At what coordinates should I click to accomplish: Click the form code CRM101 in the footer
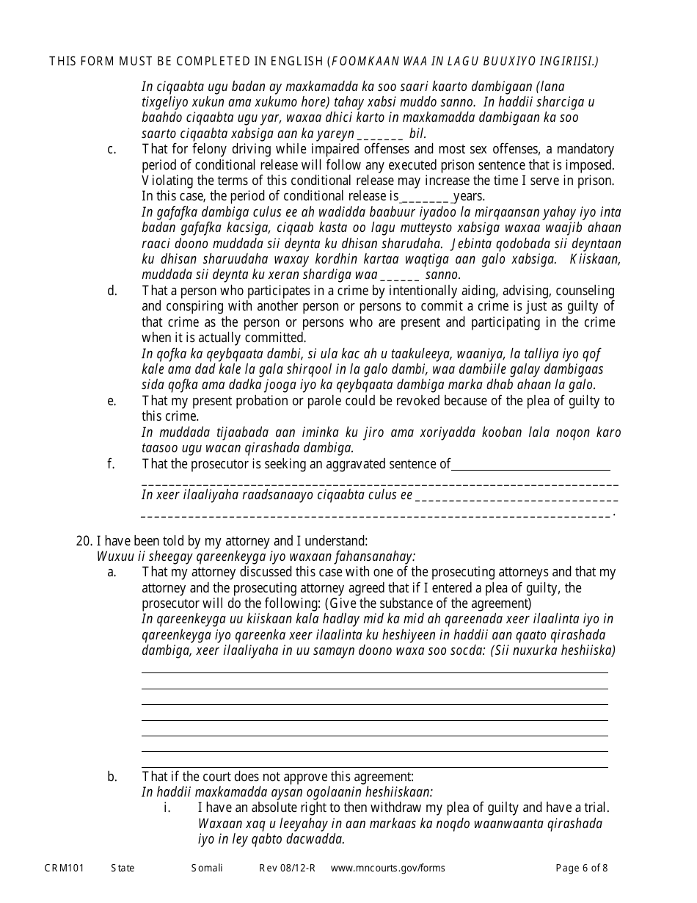click(64, 868)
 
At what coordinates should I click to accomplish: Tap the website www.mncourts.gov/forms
click(387, 868)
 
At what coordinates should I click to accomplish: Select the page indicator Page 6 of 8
click(581, 868)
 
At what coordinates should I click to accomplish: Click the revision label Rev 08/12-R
click(287, 868)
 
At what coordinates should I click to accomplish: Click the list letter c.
click(112, 150)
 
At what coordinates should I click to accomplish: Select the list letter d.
click(112, 291)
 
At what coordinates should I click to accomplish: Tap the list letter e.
click(112, 401)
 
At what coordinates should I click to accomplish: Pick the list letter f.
click(111, 463)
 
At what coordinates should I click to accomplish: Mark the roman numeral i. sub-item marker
click(167, 808)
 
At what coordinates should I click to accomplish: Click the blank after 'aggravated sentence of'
click(530, 465)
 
